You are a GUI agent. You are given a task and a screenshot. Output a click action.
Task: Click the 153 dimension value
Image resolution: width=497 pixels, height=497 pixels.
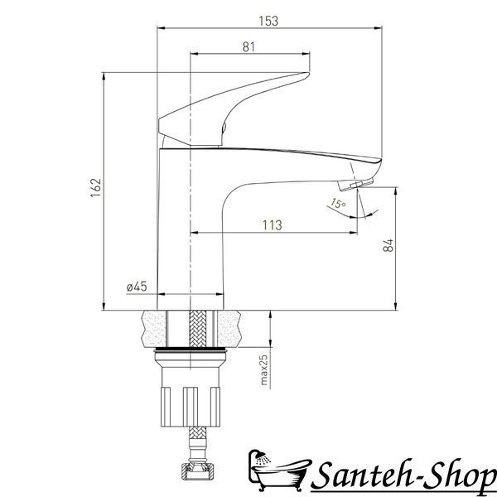point(268,22)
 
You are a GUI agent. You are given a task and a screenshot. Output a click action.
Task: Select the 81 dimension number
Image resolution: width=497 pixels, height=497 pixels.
point(248,47)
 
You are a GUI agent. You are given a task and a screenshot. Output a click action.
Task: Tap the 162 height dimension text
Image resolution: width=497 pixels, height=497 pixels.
point(96,188)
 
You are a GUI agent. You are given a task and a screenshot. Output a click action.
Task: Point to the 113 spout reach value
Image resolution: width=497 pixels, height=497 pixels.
point(272,225)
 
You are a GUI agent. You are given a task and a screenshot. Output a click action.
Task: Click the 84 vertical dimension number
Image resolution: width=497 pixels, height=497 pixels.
point(388,245)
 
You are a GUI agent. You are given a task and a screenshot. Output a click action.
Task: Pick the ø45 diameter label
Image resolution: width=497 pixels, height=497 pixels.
point(137,287)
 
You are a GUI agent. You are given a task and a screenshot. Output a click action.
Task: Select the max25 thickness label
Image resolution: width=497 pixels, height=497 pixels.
point(263,370)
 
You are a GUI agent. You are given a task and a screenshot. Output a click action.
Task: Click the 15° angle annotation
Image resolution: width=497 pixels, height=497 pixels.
point(338,204)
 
